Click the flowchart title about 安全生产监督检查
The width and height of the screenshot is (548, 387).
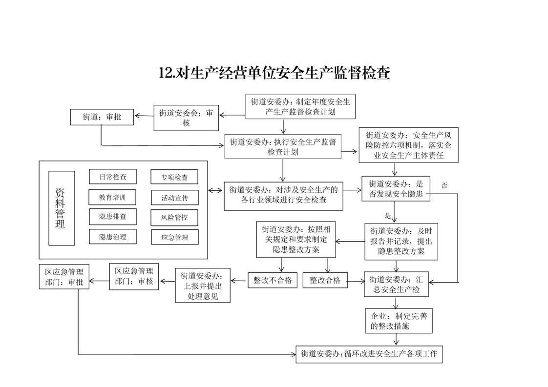[x=274, y=73]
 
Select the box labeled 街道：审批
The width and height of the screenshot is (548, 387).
[x=102, y=117]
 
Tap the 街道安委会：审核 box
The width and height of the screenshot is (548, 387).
[x=186, y=118]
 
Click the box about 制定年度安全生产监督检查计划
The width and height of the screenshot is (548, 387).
[x=300, y=106]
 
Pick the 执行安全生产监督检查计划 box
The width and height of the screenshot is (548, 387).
[x=283, y=146]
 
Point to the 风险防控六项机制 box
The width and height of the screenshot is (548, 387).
[x=409, y=145]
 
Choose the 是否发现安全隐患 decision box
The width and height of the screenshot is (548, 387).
[x=396, y=189]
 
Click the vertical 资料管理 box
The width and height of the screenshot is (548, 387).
[x=62, y=208]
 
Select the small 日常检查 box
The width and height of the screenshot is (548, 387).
[x=113, y=177]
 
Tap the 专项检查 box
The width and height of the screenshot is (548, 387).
[x=174, y=177]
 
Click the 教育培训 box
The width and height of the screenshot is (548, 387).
[x=113, y=197]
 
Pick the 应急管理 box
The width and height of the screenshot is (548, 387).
[x=174, y=238]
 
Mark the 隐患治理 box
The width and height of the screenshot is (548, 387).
[x=113, y=237]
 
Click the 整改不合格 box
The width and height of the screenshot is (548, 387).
[x=273, y=280]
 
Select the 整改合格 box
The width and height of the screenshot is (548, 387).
[x=325, y=280]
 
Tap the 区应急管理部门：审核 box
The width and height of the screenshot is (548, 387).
[x=134, y=276]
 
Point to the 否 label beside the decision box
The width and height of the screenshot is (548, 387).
[x=444, y=185]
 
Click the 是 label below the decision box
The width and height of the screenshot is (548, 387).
[x=388, y=215]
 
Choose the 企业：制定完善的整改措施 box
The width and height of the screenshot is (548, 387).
[x=399, y=321]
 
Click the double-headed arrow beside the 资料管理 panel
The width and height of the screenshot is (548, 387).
[x=214, y=190]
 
